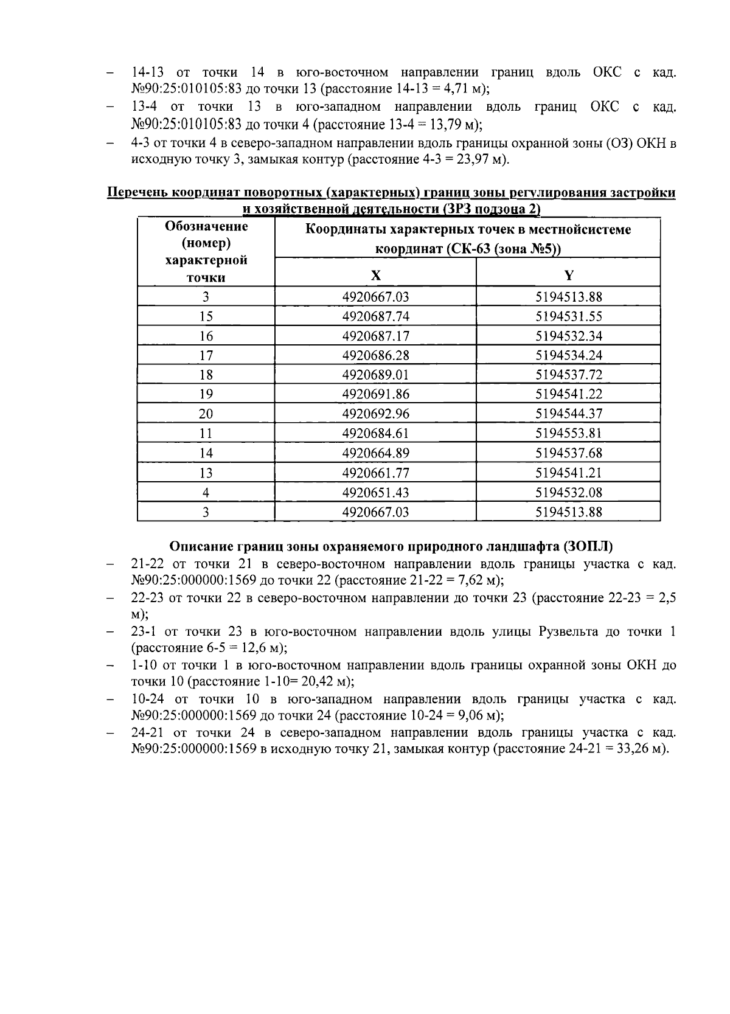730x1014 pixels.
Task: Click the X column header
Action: [376, 275]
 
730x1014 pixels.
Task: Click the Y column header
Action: [568, 275]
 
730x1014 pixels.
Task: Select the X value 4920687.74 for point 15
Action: [375, 316]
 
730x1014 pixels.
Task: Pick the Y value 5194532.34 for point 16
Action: [568, 336]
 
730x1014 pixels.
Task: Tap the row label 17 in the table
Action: [206, 355]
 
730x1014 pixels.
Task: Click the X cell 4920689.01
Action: [375, 375]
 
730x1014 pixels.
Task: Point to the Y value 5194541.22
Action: [568, 394]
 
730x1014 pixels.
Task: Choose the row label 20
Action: [206, 414]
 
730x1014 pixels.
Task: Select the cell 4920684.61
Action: [375, 433]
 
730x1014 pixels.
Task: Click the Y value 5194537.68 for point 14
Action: [568, 453]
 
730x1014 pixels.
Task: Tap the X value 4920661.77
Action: [375, 473]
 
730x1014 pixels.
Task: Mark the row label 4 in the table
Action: [206, 492]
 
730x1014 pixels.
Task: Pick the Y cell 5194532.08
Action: [568, 492]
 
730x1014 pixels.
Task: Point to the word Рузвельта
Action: [568, 632]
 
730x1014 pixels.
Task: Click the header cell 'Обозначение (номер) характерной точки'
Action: [206, 252]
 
